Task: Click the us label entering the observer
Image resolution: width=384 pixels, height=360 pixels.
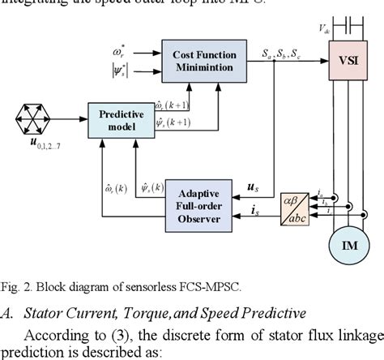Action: [252, 186]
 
